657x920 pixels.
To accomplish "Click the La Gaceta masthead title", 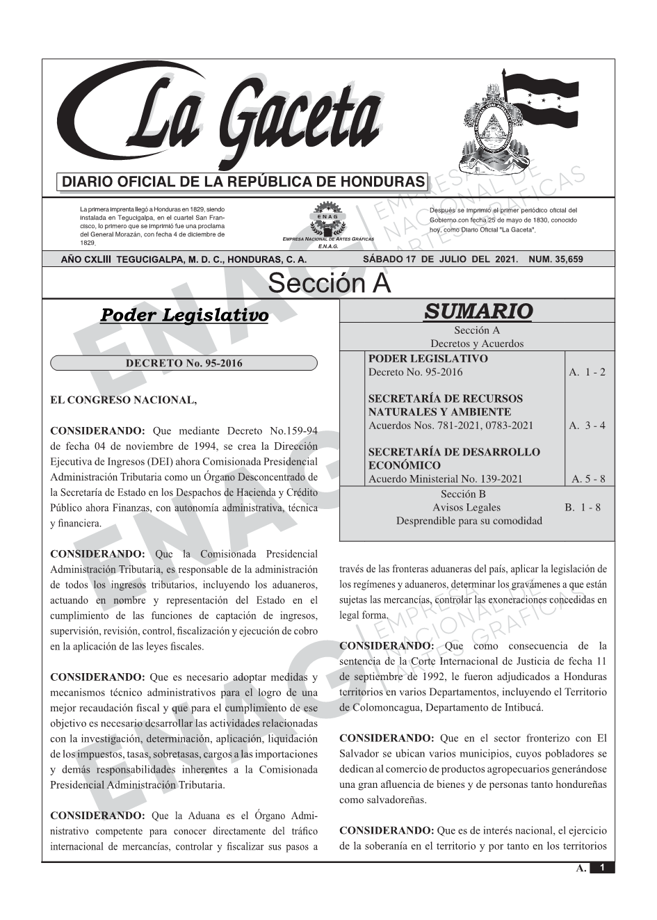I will (229, 118).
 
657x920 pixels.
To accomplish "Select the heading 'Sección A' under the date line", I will (329, 284).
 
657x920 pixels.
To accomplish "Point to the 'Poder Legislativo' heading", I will (184, 315).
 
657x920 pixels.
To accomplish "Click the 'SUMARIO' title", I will (478, 311).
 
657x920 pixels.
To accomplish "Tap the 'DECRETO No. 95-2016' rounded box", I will (184, 363).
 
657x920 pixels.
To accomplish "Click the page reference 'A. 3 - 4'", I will (587, 425).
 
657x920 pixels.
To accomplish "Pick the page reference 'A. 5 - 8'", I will (588, 478).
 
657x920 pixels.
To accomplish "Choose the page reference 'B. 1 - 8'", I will (583, 508).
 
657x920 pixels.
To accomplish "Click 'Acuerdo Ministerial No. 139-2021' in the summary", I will (445, 478).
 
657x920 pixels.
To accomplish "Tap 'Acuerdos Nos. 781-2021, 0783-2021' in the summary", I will (451, 425).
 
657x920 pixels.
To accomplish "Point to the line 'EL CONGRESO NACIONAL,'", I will (124, 400).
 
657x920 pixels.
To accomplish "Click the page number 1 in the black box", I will (602, 868).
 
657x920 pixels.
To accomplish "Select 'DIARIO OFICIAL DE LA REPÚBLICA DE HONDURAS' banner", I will (243, 182).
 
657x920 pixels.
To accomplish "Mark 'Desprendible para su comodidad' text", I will (469, 521).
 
